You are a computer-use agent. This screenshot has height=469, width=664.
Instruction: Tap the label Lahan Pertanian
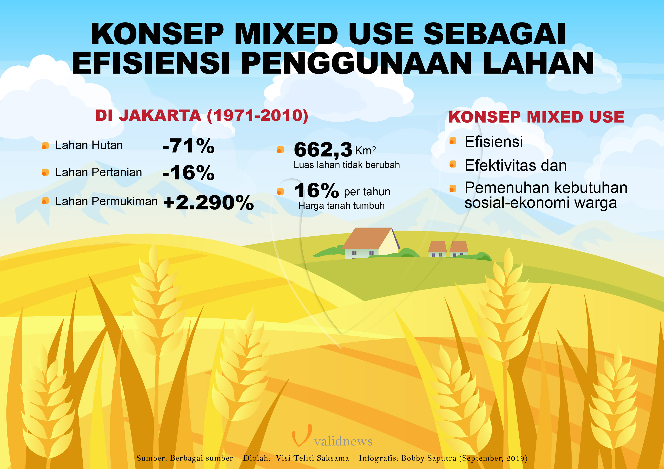pos(99,172)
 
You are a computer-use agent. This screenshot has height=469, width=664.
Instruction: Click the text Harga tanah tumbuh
pos(341,206)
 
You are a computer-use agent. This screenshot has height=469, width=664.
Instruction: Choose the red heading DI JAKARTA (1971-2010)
pos(202,116)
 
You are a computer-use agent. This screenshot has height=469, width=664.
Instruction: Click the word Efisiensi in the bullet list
pos(494,142)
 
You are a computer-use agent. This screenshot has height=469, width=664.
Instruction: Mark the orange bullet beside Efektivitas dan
pos(453,164)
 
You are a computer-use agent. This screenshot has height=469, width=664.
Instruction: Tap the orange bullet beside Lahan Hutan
pos(45,146)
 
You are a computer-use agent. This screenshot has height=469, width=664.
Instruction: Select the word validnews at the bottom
pos(343,441)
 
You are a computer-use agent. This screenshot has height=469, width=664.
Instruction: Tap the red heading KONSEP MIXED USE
pos(536,117)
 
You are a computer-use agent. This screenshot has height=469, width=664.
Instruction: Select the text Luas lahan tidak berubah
pos(347,165)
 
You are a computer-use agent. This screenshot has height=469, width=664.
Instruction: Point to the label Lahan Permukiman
pos(106,201)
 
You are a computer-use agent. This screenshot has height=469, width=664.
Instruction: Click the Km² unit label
pos(365,151)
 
